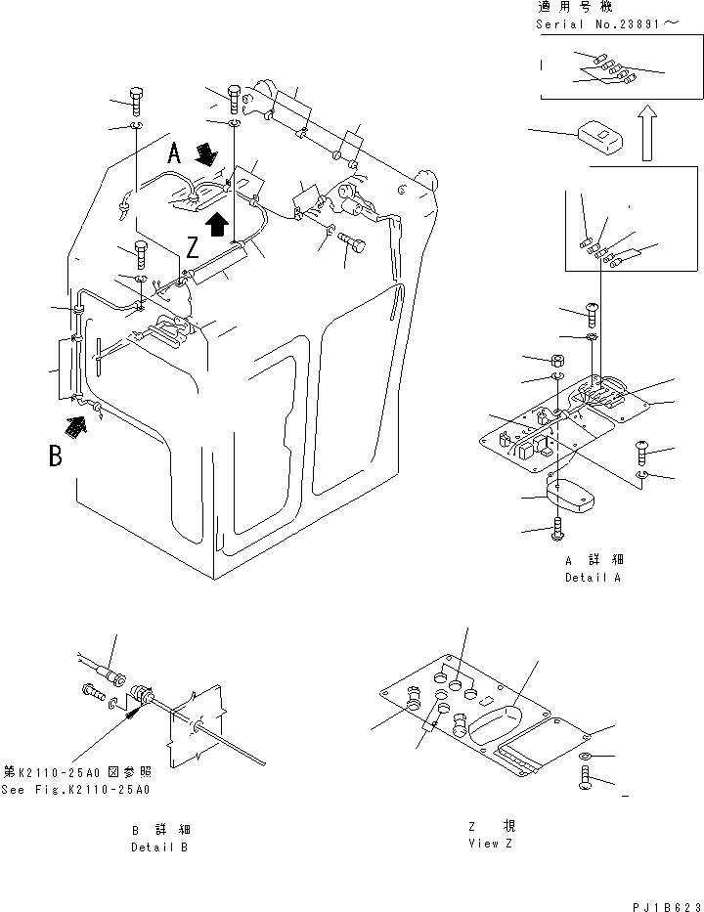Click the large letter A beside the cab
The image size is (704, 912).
pos(174,152)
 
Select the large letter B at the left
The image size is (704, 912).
pos(57,456)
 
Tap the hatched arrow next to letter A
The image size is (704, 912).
pos(207,153)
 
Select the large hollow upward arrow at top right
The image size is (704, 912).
pos(644,135)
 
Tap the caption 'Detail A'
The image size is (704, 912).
pos(594,577)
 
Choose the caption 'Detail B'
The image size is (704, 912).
pos(160,847)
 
